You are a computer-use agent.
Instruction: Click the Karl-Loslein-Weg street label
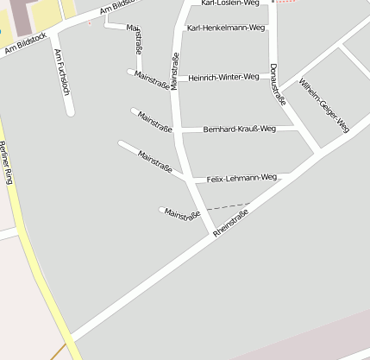click(229, 3)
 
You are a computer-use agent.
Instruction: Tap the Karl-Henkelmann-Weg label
click(227, 28)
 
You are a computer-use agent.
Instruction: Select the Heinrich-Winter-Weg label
click(223, 77)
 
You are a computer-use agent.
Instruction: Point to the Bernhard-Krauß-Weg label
click(239, 129)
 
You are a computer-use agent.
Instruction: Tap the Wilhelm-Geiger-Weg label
click(324, 104)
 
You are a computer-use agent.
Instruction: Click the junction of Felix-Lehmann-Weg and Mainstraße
click(189, 180)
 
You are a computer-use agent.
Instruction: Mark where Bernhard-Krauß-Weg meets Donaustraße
click(298, 129)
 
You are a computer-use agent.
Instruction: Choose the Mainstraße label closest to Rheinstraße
click(182, 213)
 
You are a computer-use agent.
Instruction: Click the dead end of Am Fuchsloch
click(69, 111)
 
